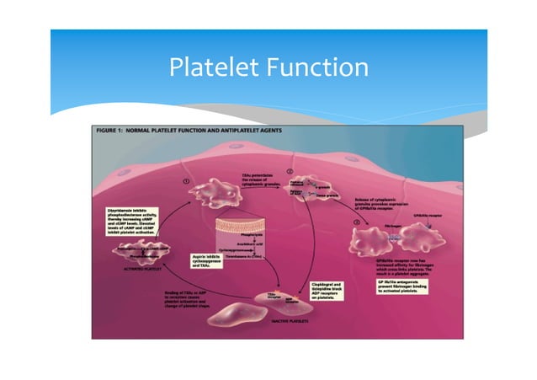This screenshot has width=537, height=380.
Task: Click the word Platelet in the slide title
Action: [213, 68]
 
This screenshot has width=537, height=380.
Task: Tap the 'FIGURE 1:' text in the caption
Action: [112, 131]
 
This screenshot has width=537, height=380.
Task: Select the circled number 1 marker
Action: [185, 181]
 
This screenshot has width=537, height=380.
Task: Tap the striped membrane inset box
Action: [247, 231]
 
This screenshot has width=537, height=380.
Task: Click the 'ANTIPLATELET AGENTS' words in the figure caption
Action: [253, 131]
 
